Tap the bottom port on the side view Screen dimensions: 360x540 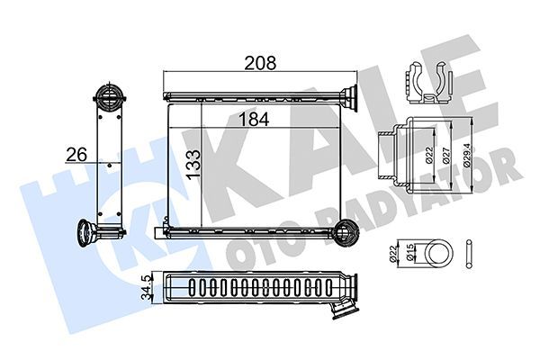[x=93, y=233]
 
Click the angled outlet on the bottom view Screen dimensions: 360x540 [x=341, y=309]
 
